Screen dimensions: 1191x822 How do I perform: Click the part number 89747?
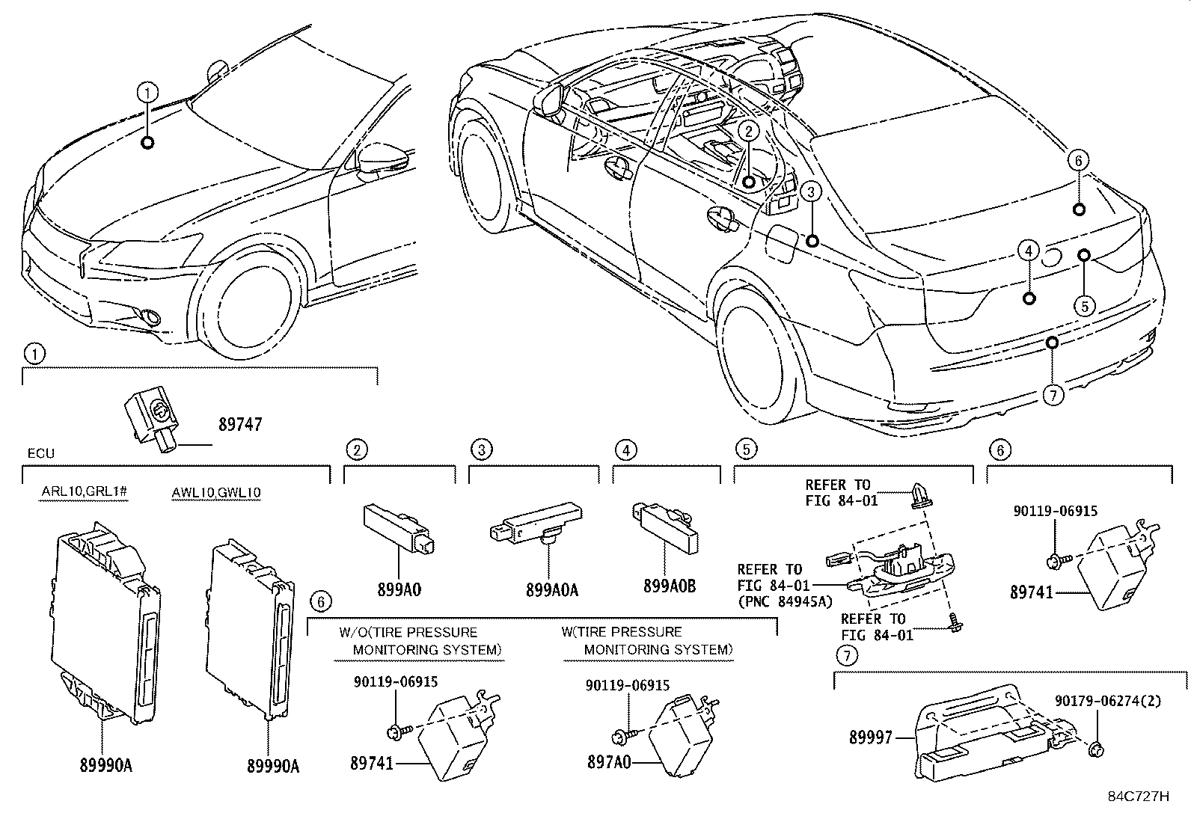[x=240, y=424]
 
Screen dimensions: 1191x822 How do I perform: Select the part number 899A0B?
[x=670, y=586]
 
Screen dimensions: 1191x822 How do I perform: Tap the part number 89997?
[x=870, y=737]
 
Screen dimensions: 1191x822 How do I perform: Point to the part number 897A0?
[x=609, y=762]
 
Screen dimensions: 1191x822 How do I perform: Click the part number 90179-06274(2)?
[x=1108, y=701]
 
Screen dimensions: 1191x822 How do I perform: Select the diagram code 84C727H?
[x=1139, y=797]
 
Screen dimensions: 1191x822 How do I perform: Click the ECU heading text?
[x=41, y=453]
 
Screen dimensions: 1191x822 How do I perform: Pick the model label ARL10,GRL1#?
[x=85, y=491]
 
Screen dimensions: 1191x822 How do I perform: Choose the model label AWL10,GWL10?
[x=216, y=492]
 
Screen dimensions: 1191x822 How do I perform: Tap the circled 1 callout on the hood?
[x=147, y=93]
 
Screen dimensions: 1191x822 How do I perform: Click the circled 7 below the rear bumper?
[x=1053, y=395]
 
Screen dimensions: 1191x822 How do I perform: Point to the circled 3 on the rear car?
[x=811, y=191]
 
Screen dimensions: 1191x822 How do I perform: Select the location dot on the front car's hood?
[x=148, y=143]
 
